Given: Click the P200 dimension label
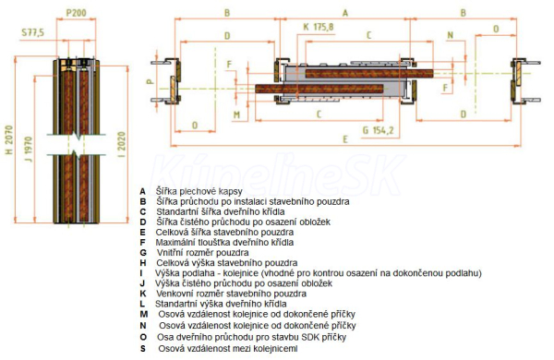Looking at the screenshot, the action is (77, 13).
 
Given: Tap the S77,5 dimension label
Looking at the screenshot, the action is (33, 32).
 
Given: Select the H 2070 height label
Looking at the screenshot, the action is (9, 139).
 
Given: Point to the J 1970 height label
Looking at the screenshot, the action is (28, 149).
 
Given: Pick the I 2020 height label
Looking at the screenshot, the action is (121, 144).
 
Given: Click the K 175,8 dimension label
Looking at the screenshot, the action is (319, 27).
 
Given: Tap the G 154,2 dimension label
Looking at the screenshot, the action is (378, 130).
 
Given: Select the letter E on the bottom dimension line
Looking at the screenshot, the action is (345, 139).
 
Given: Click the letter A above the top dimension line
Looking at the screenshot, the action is (345, 13).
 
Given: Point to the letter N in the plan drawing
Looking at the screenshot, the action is (451, 35).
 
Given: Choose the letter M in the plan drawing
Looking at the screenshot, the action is (236, 114).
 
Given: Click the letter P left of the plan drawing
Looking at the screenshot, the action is (151, 81).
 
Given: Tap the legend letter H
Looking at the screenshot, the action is (143, 263).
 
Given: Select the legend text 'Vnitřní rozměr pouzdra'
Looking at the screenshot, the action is (202, 253).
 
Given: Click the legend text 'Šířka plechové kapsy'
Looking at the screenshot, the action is (199, 191).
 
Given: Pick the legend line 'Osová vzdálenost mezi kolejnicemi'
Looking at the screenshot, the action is (228, 349).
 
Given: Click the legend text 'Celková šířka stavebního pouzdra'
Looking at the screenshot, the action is (224, 233).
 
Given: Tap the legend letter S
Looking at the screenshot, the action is (143, 349).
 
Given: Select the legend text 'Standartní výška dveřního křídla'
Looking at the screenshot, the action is (221, 304).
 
